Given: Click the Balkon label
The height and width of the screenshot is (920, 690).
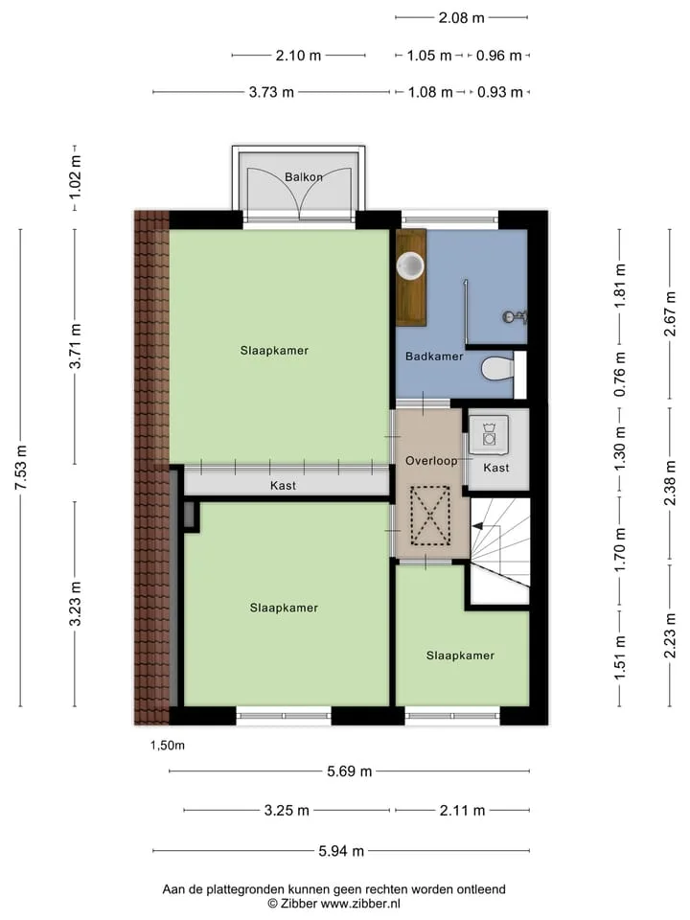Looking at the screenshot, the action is [304, 176].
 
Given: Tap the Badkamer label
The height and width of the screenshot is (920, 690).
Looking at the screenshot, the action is [434, 356].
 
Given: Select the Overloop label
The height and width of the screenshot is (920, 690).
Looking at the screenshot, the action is [431, 461].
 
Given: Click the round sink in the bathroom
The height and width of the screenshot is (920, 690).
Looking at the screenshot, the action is [410, 265].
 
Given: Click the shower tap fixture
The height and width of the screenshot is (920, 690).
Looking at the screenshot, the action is [515, 317].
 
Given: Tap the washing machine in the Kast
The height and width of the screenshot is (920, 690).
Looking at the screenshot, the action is [489, 435].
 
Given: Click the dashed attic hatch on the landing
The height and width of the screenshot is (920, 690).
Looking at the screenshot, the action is [430, 516].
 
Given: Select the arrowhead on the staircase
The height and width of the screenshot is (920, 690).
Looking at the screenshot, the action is [477, 526].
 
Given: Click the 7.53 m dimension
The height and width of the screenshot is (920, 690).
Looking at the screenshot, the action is [21, 468].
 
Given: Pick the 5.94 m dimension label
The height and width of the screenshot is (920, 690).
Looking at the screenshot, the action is [341, 851].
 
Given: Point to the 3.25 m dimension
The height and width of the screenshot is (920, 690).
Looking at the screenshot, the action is [287, 811].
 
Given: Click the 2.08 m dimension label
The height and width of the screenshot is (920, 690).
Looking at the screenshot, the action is [461, 17].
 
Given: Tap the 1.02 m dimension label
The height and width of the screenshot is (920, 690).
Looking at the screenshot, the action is [75, 176].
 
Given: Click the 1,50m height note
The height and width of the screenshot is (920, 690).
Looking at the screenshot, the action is [167, 746].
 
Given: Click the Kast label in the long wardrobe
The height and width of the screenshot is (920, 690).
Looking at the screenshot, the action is [283, 486].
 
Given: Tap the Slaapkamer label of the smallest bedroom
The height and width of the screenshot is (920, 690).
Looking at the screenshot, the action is [460, 655].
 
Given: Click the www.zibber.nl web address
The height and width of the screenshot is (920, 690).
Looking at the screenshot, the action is [360, 904].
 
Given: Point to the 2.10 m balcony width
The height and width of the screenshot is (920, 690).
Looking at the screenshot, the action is [298, 56].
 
